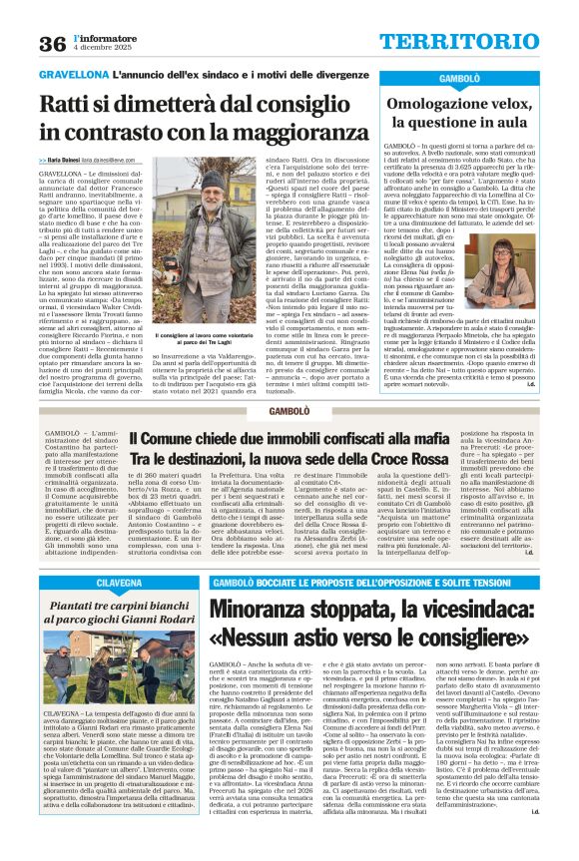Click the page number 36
coord(52,43)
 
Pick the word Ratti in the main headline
coord(69,103)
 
